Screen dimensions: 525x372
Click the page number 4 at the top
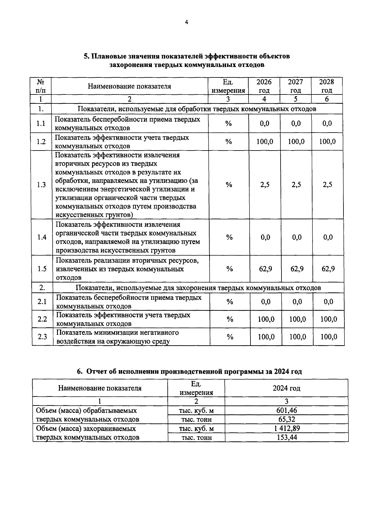(186, 22)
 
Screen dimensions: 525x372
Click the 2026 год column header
(264, 86)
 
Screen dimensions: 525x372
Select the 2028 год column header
(327, 86)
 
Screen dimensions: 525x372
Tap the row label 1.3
(41, 185)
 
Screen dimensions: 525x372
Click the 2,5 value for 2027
(296, 185)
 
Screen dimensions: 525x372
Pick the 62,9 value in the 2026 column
(265, 269)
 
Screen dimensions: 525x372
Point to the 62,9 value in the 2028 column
(328, 269)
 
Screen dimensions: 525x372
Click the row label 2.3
(42, 337)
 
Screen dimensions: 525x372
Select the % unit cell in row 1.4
(229, 238)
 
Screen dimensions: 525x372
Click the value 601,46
(286, 411)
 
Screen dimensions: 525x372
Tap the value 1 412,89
(286, 428)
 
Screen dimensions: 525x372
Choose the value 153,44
(286, 437)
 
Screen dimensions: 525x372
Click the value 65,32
(286, 419)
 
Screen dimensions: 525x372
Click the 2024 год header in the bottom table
(286, 388)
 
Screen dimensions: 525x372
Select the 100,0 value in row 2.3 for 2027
(297, 337)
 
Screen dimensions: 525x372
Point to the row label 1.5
(42, 269)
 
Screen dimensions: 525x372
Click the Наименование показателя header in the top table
(129, 86)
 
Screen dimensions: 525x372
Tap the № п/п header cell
(40, 86)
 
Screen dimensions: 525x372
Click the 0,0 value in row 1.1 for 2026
(264, 124)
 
